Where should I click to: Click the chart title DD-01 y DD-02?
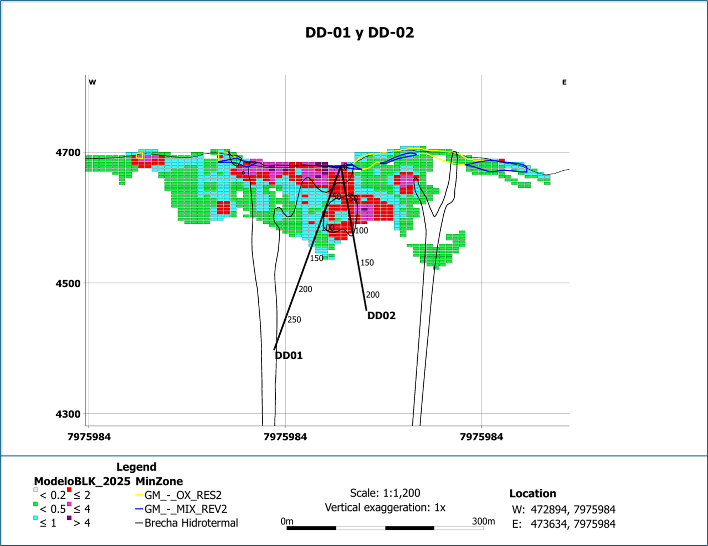coord(360,33)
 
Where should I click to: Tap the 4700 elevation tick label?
coord(68,152)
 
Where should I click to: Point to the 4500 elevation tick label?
coord(68,283)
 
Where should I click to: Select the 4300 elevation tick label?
coord(68,414)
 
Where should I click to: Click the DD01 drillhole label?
coord(289,356)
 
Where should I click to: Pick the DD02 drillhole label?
coord(382,316)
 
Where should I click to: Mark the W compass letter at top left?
coord(92,82)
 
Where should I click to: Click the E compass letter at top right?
coord(564,82)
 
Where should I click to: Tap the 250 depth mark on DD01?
coord(294,320)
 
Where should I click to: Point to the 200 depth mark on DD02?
coord(373,295)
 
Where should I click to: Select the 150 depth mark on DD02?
coord(367,262)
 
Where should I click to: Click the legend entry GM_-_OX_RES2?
coord(183,495)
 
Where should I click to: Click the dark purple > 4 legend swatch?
coord(69,518)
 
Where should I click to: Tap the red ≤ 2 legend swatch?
coord(69,490)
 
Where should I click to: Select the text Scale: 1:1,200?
coord(385,493)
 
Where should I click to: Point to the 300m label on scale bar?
coord(483,521)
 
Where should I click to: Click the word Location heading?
coord(533,493)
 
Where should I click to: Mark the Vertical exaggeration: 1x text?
coord(385,507)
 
